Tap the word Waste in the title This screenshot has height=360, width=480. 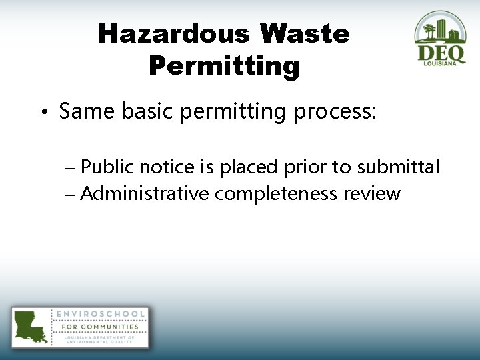pos(305,34)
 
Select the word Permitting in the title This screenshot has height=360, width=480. pos(224,66)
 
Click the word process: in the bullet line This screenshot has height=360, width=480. pos(335,112)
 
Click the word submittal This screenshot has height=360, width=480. pos(398,167)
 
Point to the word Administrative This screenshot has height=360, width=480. pos(145,194)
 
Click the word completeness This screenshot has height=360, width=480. pos(276,195)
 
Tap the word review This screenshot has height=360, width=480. pos(372,195)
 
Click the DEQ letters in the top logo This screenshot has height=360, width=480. pos(441,53)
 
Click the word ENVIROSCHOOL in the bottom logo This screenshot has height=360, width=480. pos(100,314)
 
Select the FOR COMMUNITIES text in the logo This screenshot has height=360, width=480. pos(100,327)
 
